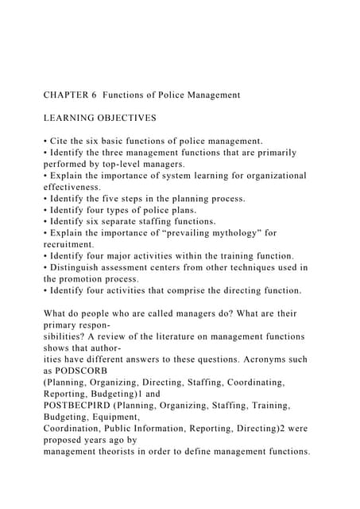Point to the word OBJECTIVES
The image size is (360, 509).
[127, 118]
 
